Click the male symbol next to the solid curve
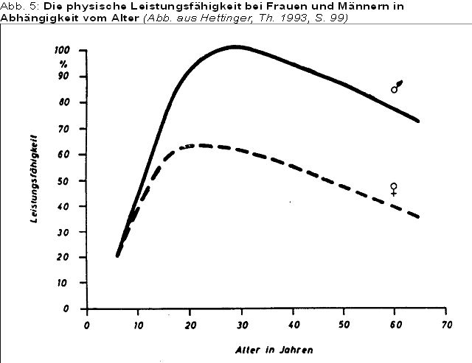397,87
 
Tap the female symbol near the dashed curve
394,188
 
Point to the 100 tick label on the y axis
62,50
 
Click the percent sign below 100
64,63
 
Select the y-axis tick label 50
65,180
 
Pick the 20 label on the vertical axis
65,257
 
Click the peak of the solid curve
235,46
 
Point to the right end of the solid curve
418,121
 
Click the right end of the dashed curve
418,217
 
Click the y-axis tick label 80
65,102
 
